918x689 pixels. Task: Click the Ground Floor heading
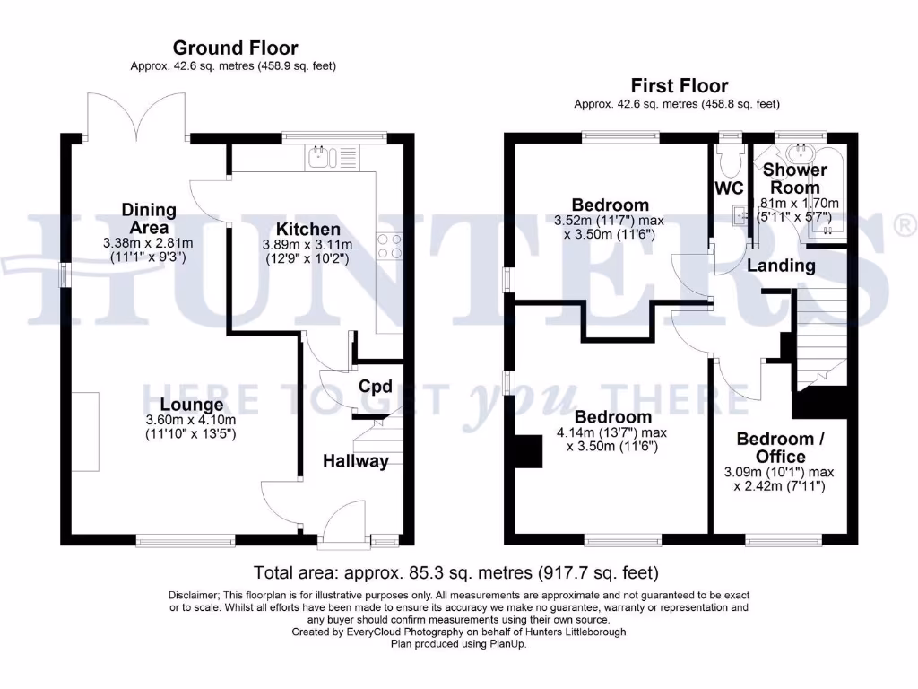pyautogui.click(x=235, y=48)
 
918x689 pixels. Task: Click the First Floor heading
pyautogui.click(x=679, y=85)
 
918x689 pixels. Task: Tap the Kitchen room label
pyautogui.click(x=307, y=229)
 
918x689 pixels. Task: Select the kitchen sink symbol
pyautogui.click(x=318, y=159)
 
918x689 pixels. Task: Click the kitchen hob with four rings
pyautogui.click(x=390, y=246)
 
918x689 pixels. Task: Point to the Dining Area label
pyautogui.click(x=149, y=218)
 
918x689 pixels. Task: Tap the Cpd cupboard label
pyautogui.click(x=376, y=387)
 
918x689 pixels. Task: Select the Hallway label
pyautogui.click(x=356, y=461)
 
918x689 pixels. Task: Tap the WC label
pyautogui.click(x=729, y=188)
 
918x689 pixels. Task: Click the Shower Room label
pyautogui.click(x=794, y=179)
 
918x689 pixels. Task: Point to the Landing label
pyautogui.click(x=781, y=266)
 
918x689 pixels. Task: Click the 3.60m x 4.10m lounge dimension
pyautogui.click(x=191, y=420)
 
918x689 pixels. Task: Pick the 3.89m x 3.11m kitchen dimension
pyautogui.click(x=307, y=245)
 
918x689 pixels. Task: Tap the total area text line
pyautogui.click(x=456, y=571)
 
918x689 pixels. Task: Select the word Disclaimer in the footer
pyautogui.click(x=193, y=596)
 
